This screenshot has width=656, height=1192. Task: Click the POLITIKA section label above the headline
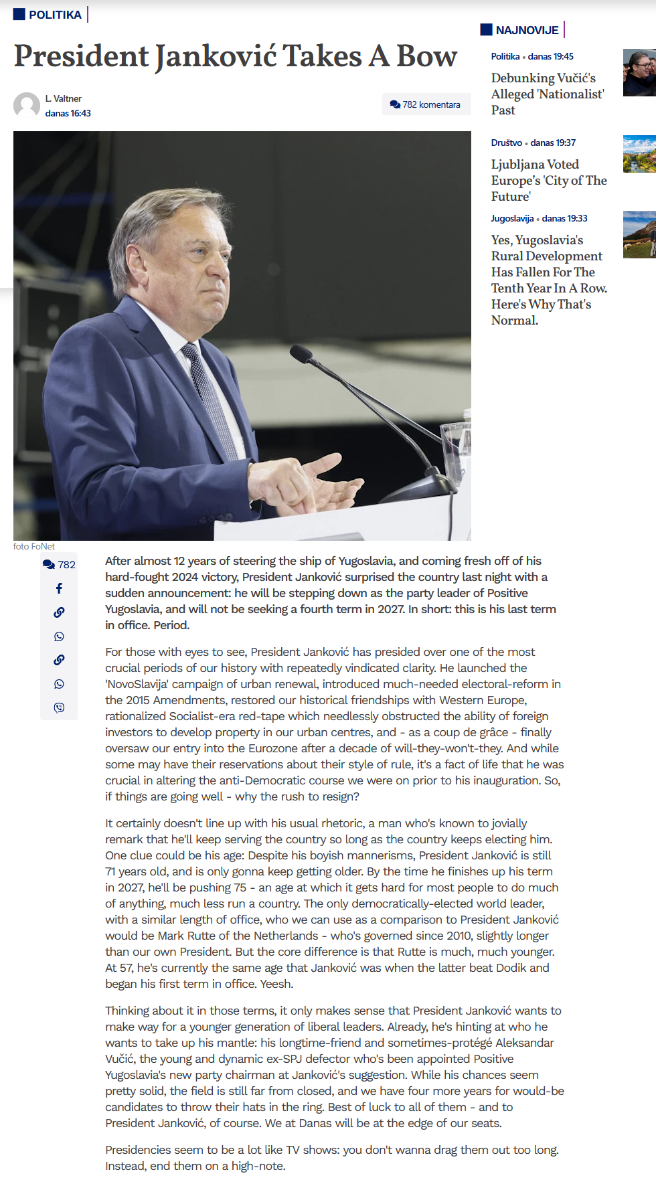tap(54, 15)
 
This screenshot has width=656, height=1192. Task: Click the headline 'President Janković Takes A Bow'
tap(236, 56)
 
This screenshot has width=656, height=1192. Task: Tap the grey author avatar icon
tap(27, 105)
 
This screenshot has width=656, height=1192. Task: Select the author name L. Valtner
tap(64, 98)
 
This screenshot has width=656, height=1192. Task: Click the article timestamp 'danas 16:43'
tap(68, 113)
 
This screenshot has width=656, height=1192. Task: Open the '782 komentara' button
tap(426, 104)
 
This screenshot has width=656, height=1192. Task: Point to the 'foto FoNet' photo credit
tap(34, 546)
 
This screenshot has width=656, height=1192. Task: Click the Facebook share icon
tap(59, 588)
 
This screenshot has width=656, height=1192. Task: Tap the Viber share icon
tap(59, 707)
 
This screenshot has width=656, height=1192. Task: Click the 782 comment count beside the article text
tap(59, 564)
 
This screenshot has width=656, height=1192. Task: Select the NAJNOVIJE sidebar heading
tap(526, 30)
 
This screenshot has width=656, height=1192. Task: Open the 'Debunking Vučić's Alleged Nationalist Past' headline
tap(548, 94)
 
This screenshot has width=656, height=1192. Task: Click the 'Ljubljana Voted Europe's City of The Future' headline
tap(549, 180)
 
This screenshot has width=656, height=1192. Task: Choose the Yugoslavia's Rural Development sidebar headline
tap(549, 280)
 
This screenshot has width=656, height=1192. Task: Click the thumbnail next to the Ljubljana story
tap(639, 154)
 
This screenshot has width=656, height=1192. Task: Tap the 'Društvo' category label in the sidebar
tap(506, 143)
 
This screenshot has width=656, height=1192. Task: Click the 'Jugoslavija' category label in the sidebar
tap(512, 218)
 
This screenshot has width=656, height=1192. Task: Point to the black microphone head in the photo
tap(301, 353)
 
